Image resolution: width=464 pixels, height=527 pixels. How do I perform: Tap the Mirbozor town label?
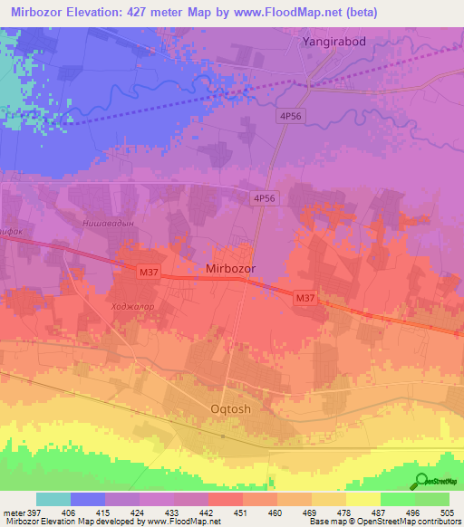[x=231, y=269]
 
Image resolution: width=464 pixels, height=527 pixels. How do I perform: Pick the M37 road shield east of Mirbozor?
[x=304, y=296]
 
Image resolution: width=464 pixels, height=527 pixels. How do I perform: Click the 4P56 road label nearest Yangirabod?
[x=290, y=117]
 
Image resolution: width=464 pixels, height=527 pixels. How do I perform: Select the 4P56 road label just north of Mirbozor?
[x=264, y=197]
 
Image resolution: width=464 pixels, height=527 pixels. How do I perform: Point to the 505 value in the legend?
[x=449, y=512]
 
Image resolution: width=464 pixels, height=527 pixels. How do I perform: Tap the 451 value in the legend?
[x=240, y=512]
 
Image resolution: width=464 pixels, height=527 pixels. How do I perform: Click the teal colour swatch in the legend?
[x=53, y=499]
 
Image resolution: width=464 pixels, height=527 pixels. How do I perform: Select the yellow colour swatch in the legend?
[x=362, y=499]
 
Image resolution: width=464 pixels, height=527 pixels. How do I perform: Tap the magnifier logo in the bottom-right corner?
[x=421, y=482]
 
